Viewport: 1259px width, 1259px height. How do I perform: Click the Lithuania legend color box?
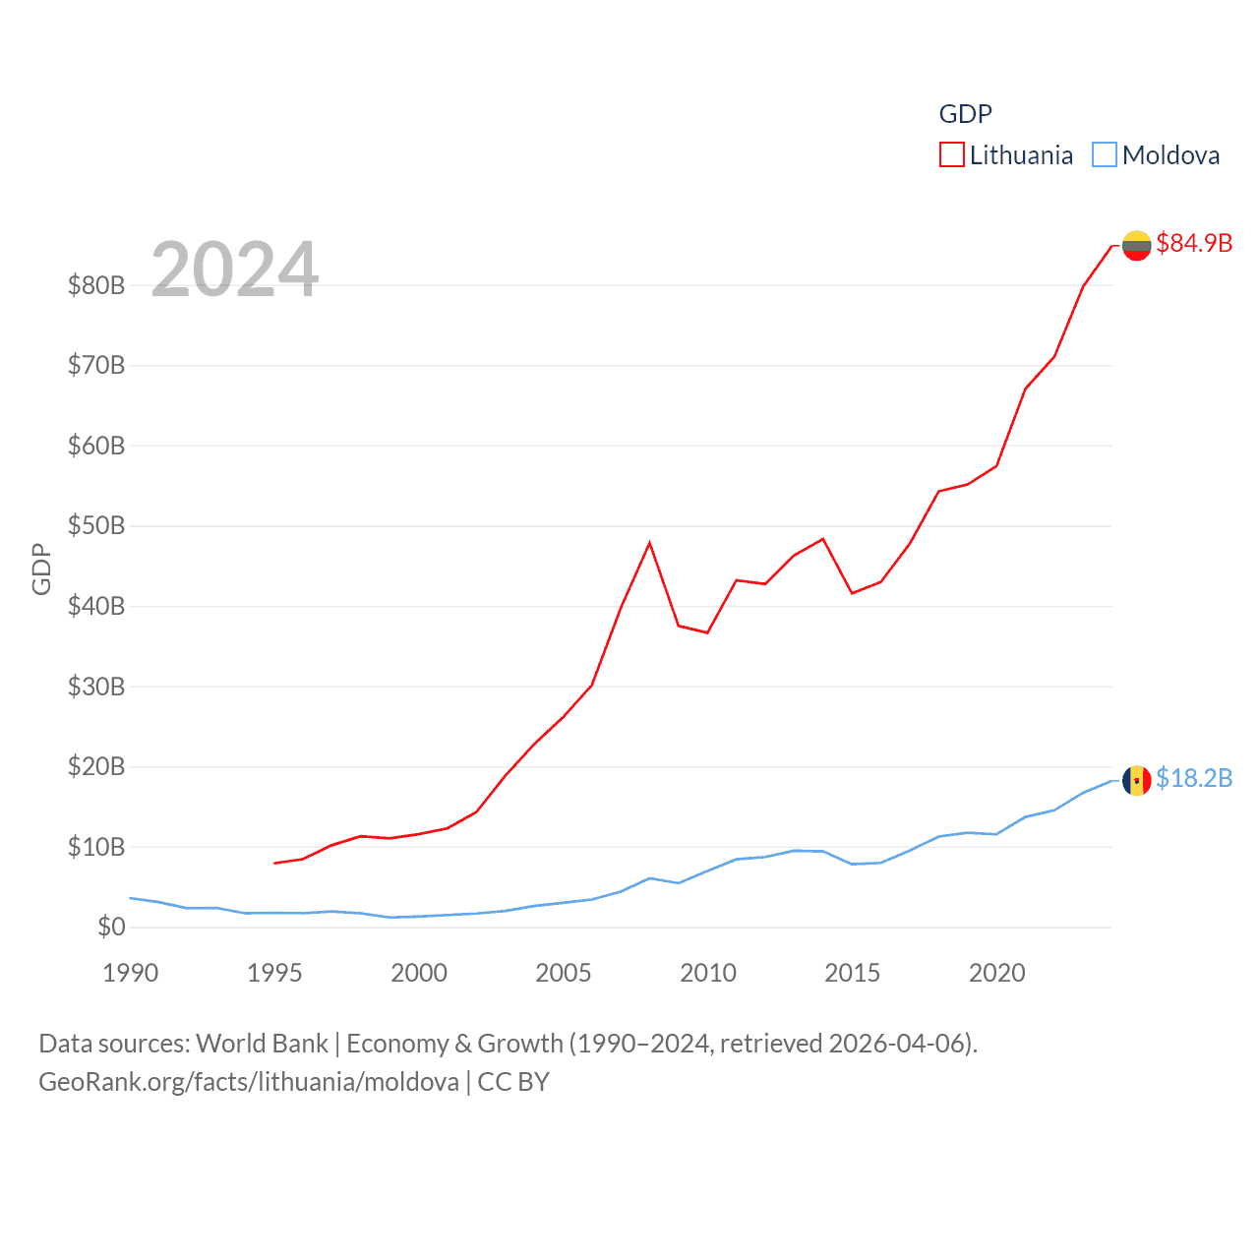point(951,155)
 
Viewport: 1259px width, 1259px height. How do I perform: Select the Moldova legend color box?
point(1105,155)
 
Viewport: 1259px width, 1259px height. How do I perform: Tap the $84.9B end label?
point(1194,243)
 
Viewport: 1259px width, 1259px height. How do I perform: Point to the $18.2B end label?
point(1194,778)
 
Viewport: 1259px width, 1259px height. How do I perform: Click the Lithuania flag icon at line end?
point(1136,246)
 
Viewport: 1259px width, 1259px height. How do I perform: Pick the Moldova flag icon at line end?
point(1136,781)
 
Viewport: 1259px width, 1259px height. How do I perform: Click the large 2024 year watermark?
point(234,269)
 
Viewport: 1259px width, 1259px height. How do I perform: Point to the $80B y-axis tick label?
point(96,285)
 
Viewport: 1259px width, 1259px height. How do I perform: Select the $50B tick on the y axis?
point(96,525)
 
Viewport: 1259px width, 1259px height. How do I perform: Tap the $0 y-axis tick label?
point(111,927)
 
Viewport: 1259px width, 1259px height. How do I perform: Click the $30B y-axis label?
point(96,687)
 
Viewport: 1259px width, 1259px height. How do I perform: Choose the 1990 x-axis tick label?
point(131,973)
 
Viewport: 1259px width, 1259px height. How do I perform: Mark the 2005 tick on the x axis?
point(564,973)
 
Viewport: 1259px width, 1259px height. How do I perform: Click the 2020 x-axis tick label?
point(997,973)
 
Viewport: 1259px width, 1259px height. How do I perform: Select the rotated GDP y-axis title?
point(41,569)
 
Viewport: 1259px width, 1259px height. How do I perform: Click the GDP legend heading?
point(965,114)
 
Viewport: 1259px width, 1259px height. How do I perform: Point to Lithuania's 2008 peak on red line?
point(649,543)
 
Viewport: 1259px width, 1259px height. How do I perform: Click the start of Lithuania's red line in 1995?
point(275,863)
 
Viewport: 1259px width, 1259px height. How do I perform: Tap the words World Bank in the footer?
point(262,1043)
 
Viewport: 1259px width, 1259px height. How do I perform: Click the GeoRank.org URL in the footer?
point(249,1082)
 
